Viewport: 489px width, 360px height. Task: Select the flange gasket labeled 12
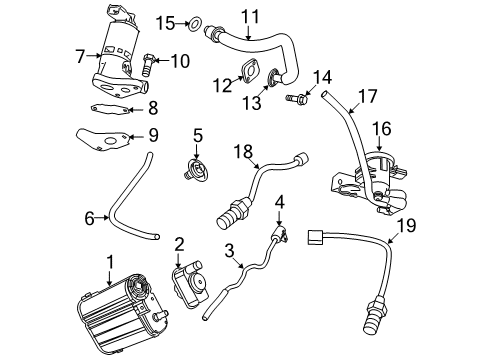tap(246, 69)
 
